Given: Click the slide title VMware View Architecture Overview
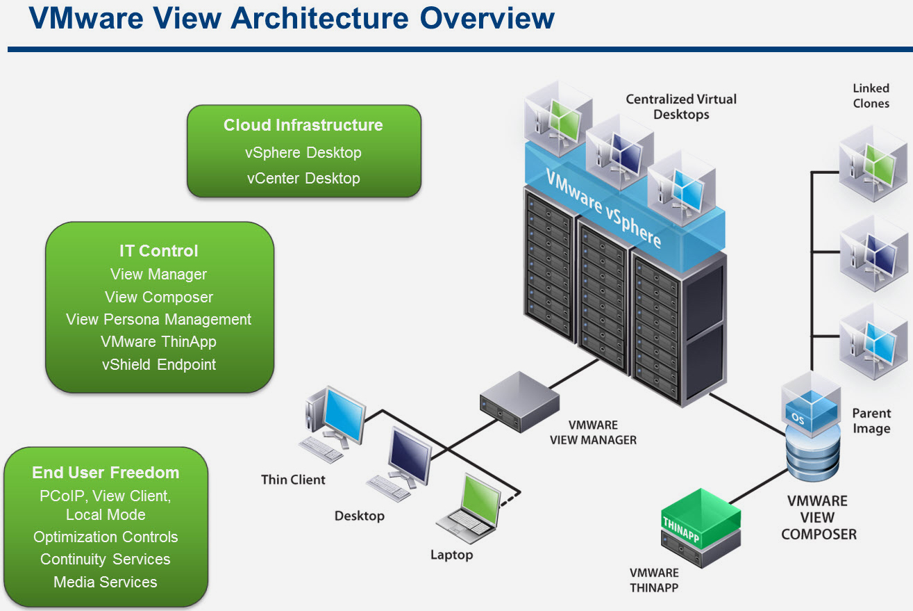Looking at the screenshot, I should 292,19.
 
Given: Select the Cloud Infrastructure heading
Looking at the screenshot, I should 303,125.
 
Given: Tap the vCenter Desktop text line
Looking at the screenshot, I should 303,178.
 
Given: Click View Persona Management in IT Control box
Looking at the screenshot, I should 158,319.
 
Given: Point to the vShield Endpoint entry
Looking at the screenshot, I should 158,364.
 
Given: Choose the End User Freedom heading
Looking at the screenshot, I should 106,473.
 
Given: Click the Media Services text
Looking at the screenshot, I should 106,582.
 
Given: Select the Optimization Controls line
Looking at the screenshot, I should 106,537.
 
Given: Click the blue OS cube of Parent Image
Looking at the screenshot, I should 810,410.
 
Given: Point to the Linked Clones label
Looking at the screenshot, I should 871,96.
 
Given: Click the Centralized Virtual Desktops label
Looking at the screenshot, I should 680,106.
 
